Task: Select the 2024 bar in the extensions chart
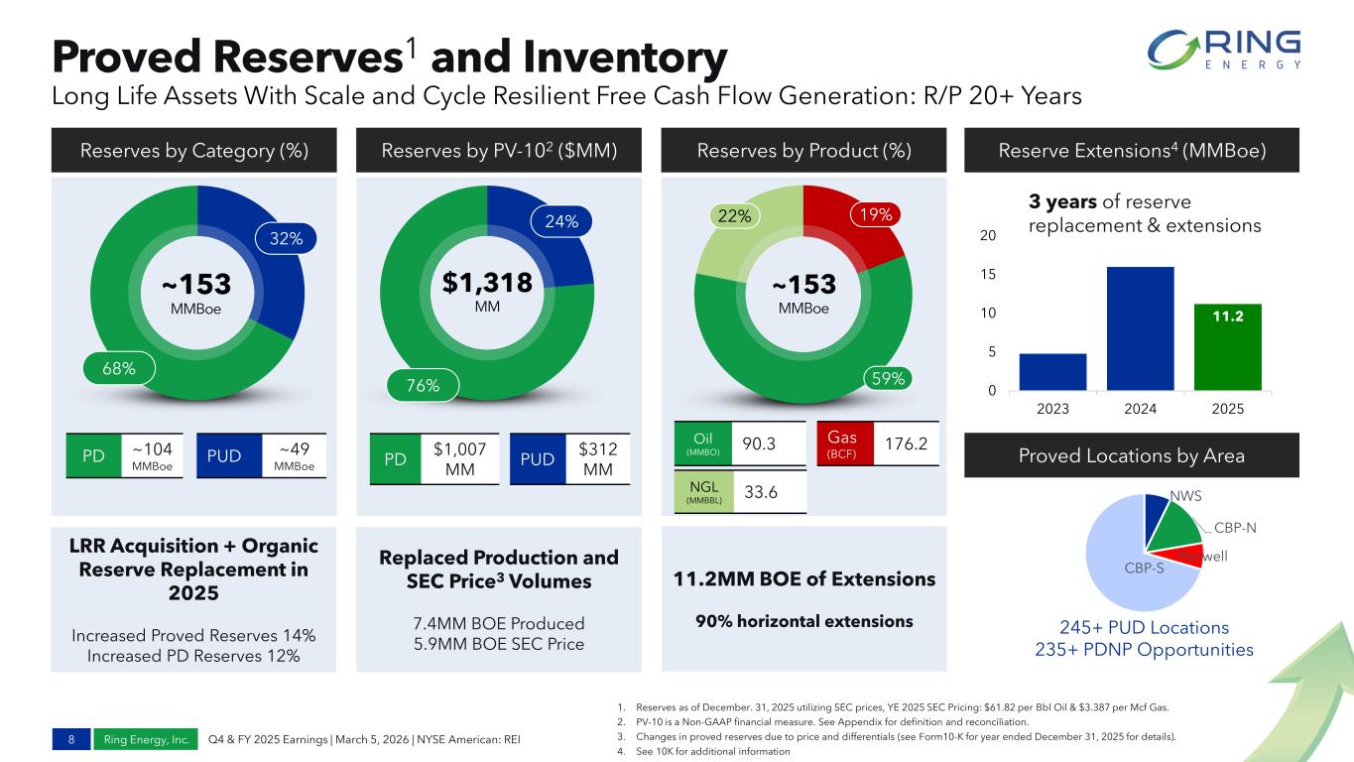click(x=1140, y=328)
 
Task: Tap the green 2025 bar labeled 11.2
click(x=1227, y=347)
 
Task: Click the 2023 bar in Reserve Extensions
click(x=1052, y=372)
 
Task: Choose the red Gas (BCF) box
click(x=841, y=443)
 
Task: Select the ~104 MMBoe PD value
click(x=152, y=455)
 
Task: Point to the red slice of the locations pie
click(x=1189, y=555)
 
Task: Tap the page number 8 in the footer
click(x=71, y=739)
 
